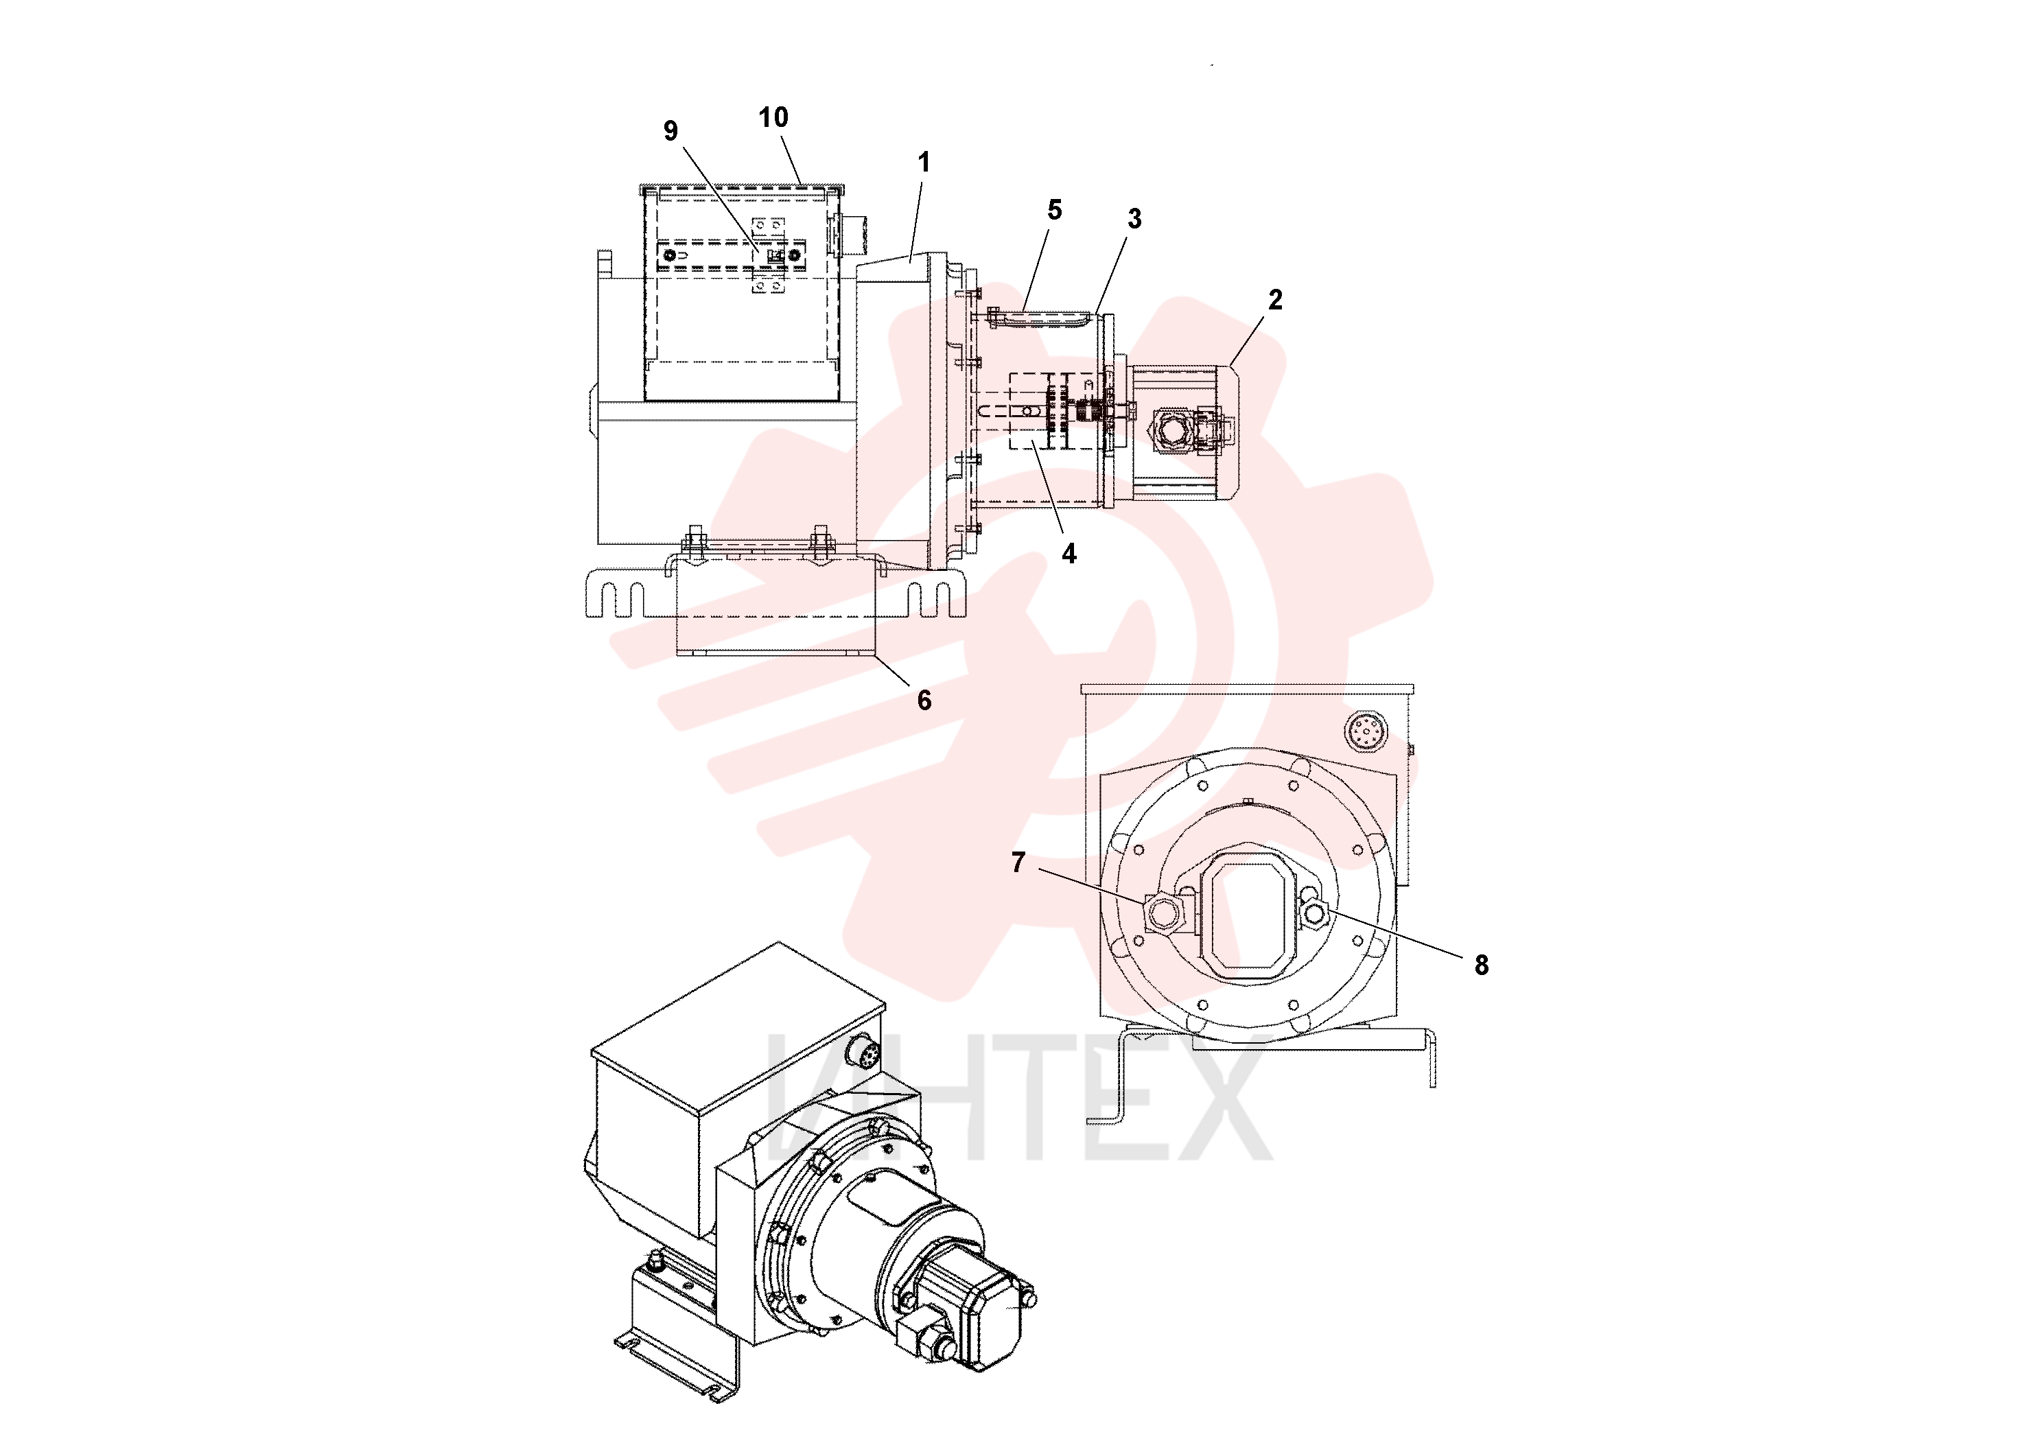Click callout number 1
924,162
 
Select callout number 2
1275,300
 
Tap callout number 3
1134,219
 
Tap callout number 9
671,131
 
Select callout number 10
773,117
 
